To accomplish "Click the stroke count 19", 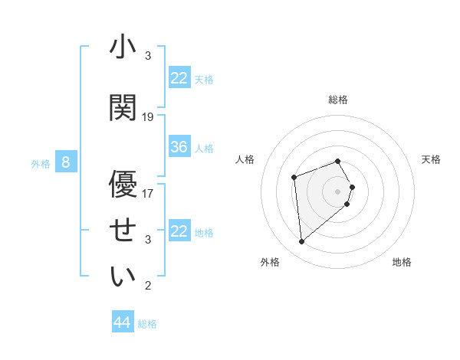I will pyautogui.click(x=148, y=117).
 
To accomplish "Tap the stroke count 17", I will pyautogui.click(x=148, y=193).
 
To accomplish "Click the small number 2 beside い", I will pyautogui.click(x=148, y=286).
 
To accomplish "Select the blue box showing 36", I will pyautogui.click(x=179, y=147).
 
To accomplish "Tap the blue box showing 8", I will pyautogui.click(x=67, y=162).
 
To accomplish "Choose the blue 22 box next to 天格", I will pyautogui.click(x=179, y=78).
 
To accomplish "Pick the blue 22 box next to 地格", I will pyautogui.click(x=179, y=231).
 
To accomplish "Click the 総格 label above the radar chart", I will pyautogui.click(x=338, y=100).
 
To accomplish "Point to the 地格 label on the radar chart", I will pyautogui.click(x=402, y=263).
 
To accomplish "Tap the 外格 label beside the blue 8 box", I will pyautogui.click(x=40, y=163).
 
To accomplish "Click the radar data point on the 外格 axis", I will pyautogui.click(x=302, y=242).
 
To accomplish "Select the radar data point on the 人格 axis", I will pyautogui.click(x=294, y=178).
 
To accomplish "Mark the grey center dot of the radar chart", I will pyautogui.click(x=338, y=191).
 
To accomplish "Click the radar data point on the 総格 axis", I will pyautogui.click(x=338, y=162).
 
